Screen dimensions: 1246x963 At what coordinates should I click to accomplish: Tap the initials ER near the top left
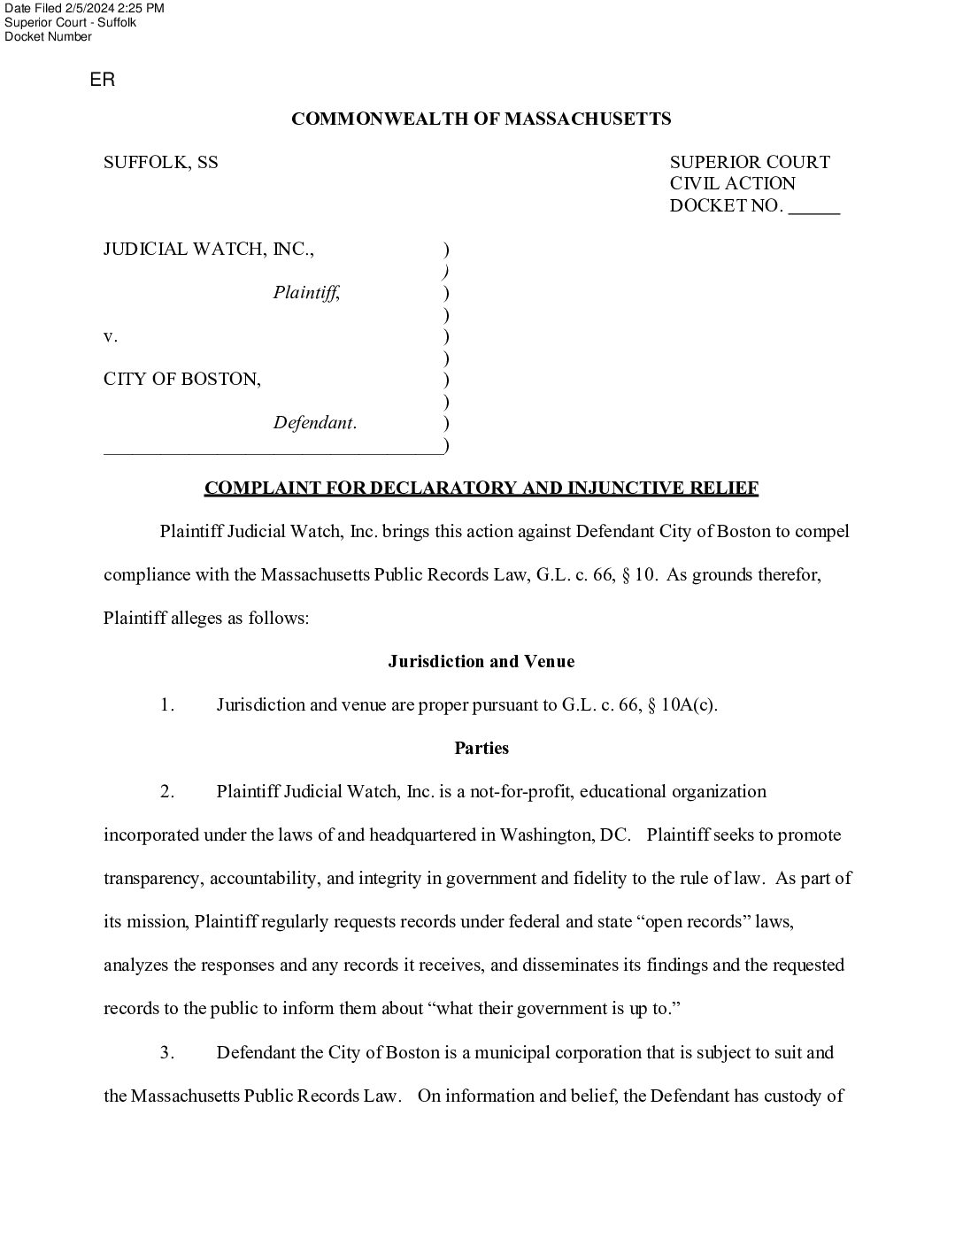pos(103,81)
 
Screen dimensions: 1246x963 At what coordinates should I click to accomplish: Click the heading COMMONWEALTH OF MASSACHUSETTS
pos(481,119)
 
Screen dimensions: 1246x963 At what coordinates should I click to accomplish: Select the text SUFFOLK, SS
pos(160,162)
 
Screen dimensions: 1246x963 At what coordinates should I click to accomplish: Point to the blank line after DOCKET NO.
pos(813,207)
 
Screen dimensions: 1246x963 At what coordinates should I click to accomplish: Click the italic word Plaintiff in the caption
pos(305,292)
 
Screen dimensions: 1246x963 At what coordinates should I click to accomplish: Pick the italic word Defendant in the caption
pos(314,423)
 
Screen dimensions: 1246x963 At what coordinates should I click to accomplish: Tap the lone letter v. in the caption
pos(110,336)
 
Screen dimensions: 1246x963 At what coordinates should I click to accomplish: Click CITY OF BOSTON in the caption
pos(181,380)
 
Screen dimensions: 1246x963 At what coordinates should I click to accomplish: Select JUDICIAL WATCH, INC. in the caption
pos(208,249)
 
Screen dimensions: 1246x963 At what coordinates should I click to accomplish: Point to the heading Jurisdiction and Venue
pos(481,661)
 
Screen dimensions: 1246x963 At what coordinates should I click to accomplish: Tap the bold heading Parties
pos(481,748)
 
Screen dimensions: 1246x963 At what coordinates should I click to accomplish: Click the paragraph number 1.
pos(167,705)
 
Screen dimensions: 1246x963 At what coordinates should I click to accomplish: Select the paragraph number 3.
pos(167,1053)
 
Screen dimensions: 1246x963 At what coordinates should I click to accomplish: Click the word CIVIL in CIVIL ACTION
pos(695,184)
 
